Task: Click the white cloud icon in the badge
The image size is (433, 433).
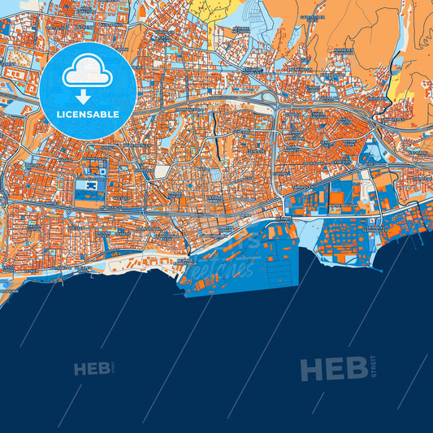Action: [x=88, y=71]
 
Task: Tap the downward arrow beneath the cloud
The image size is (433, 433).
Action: [x=88, y=94]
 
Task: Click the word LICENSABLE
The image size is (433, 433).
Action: [x=88, y=114]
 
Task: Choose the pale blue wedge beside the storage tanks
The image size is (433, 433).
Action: [x=306, y=235]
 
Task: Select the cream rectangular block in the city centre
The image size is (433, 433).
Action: [x=162, y=171]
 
